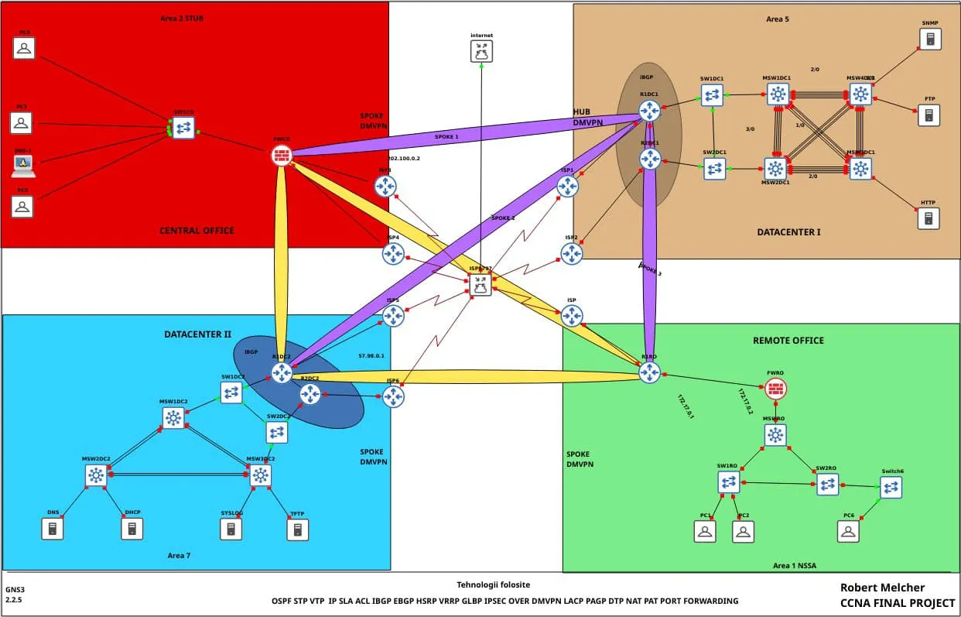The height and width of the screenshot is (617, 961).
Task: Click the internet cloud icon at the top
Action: pyautogui.click(x=481, y=52)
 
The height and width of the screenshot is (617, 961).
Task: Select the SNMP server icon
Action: pyautogui.click(x=930, y=39)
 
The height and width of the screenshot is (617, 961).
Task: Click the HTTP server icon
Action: pyautogui.click(x=928, y=218)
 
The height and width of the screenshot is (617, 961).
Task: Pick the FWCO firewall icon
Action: pyautogui.click(x=281, y=155)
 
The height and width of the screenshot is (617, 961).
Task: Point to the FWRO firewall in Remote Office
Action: pyautogui.click(x=775, y=389)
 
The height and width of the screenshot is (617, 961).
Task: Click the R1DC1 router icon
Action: pyautogui.click(x=649, y=111)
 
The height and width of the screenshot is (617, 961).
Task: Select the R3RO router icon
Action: pyautogui.click(x=649, y=372)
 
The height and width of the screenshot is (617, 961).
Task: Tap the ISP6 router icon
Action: pyautogui.click(x=393, y=396)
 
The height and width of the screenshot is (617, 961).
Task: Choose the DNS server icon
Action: pyautogui.click(x=53, y=529)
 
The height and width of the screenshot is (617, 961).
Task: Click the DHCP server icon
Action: pyautogui.click(x=132, y=529)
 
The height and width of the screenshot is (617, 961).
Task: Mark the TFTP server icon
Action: pyautogui.click(x=297, y=529)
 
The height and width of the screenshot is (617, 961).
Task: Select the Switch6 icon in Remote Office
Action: pyautogui.click(x=891, y=487)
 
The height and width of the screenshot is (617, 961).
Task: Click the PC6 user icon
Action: pyautogui.click(x=849, y=531)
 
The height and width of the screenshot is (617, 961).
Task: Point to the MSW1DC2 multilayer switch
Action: pyautogui.click(x=173, y=418)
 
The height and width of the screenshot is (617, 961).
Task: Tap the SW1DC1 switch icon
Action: pyautogui.click(x=712, y=95)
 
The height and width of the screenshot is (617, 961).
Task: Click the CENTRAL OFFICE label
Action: pyautogui.click(x=197, y=231)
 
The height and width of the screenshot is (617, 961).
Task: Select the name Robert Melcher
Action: pyautogui.click(x=882, y=588)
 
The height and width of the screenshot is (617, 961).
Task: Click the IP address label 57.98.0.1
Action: pyautogui.click(x=371, y=356)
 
